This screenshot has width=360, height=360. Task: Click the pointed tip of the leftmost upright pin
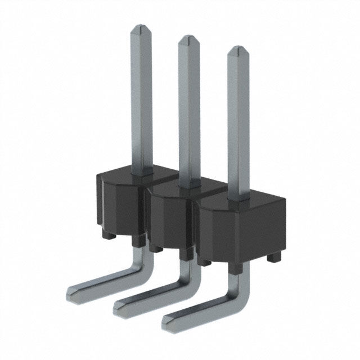141,28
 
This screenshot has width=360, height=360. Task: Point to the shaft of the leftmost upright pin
141,101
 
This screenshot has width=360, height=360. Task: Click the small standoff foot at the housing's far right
274,257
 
